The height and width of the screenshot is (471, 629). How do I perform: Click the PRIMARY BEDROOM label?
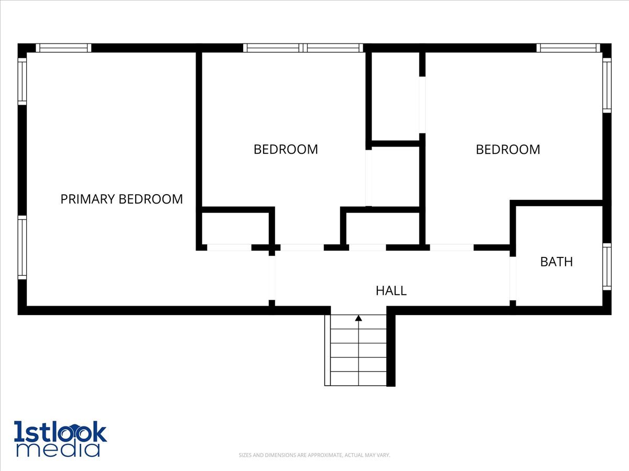tap(122, 199)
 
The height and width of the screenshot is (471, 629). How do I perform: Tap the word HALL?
tap(391, 290)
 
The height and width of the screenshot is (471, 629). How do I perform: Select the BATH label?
tap(556, 262)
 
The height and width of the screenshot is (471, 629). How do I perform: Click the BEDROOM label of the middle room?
tap(286, 149)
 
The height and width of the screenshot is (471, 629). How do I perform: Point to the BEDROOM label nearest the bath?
tap(507, 149)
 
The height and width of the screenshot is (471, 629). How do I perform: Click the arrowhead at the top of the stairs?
tap(359, 318)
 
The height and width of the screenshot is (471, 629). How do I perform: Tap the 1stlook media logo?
tap(60, 439)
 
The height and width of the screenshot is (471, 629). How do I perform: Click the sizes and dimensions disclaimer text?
tap(314, 455)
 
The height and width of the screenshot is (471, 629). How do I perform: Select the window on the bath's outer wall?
tap(606, 266)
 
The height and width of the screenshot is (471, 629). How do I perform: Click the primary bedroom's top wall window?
tap(63, 48)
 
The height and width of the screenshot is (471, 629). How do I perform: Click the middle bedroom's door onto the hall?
tap(301, 248)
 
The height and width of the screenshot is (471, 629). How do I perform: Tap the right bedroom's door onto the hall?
tap(451, 248)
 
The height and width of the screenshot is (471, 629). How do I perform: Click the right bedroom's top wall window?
tap(568, 48)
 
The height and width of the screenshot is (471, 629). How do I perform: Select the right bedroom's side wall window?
tap(606, 85)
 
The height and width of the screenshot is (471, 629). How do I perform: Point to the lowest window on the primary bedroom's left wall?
tap(22, 248)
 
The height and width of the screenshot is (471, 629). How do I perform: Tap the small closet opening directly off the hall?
tap(367, 248)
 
